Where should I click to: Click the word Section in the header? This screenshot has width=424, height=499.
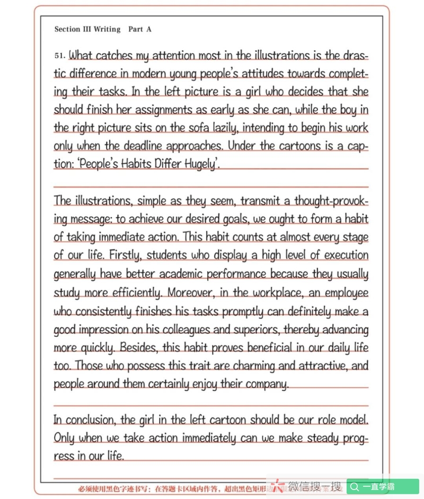tap(67, 29)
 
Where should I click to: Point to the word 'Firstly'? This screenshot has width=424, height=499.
tap(124, 255)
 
